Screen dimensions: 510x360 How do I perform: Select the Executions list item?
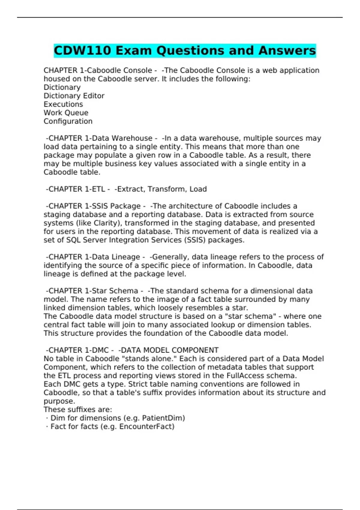63,104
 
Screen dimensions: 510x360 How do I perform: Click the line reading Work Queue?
66,113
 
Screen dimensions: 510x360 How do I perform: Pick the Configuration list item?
68,121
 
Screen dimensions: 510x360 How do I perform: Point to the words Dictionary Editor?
74,96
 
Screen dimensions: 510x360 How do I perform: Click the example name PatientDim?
163,418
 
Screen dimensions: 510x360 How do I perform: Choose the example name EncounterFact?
147,427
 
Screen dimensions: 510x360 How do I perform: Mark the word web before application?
269,70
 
